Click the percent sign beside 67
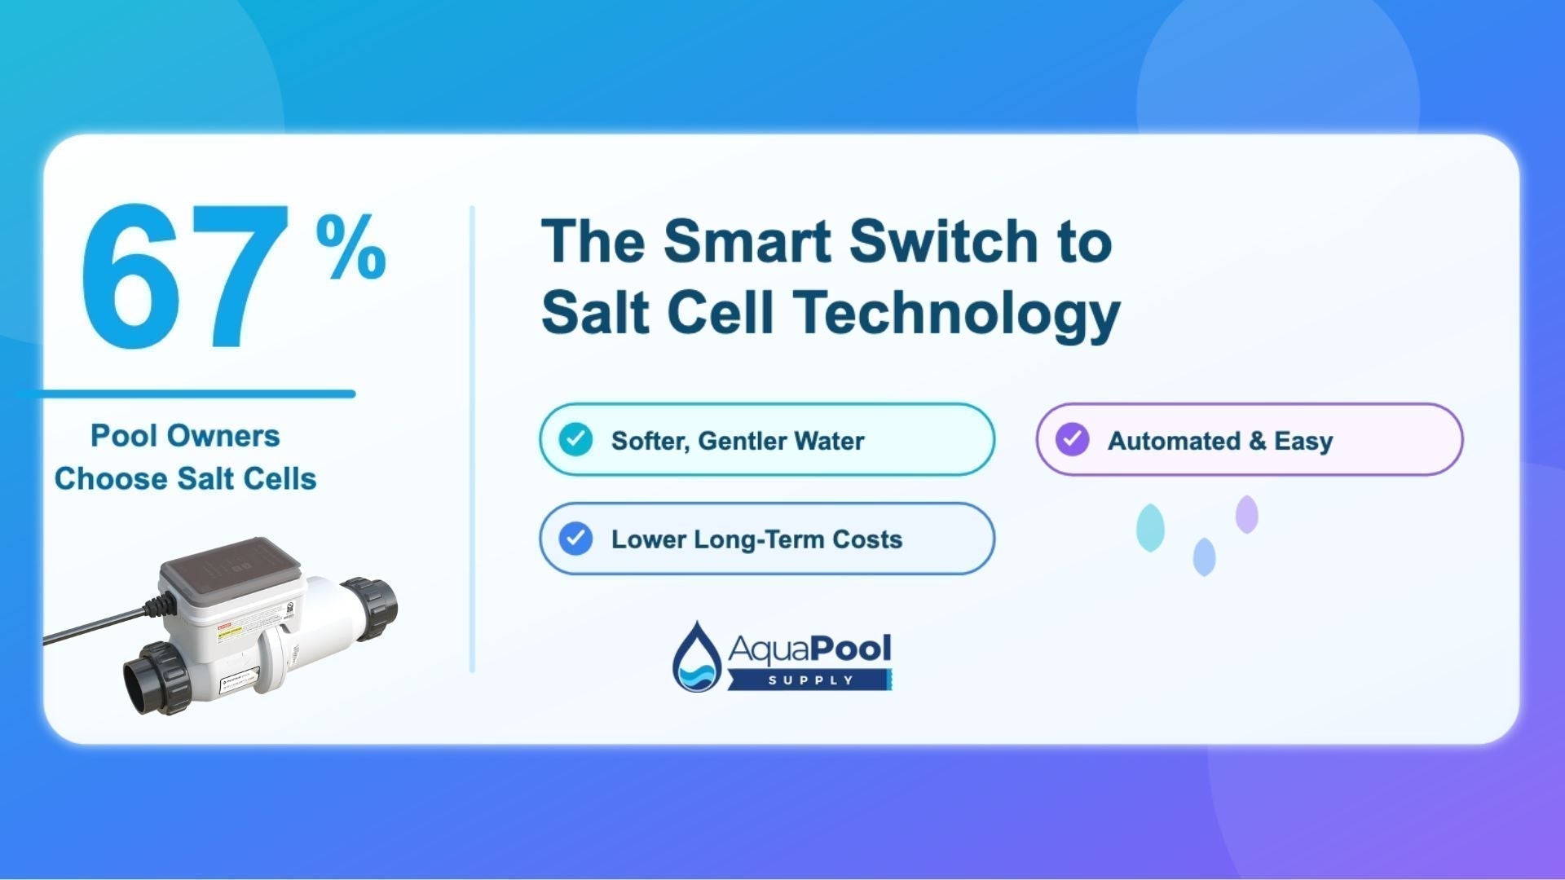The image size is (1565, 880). (350, 247)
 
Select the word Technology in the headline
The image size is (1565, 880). (958, 314)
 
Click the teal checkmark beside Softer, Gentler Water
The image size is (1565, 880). (575, 439)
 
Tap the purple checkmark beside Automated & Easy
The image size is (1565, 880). (1072, 439)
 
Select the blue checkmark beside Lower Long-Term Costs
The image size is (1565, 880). (575, 539)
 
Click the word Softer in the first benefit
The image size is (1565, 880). (650, 441)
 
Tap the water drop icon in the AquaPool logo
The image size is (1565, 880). (697, 657)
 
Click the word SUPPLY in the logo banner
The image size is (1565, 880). (810, 680)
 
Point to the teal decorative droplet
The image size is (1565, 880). (1150, 527)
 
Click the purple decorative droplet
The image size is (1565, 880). (1246, 514)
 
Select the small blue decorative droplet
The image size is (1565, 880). (1204, 557)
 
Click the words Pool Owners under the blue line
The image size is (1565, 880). (185, 436)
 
